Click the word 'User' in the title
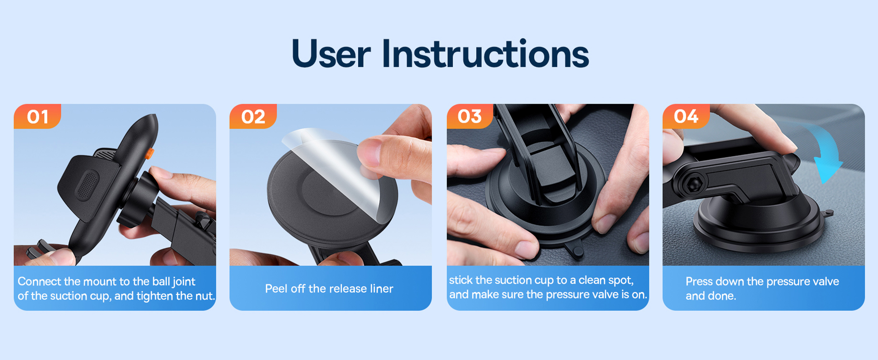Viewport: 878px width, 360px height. tap(331, 54)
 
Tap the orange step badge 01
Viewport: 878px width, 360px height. tap(38, 117)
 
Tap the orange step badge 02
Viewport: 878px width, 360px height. tap(253, 117)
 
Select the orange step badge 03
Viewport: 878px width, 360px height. tap(470, 117)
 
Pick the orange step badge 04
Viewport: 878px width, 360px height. tap(686, 117)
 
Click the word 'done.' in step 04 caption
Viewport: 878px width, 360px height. tap(723, 296)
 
